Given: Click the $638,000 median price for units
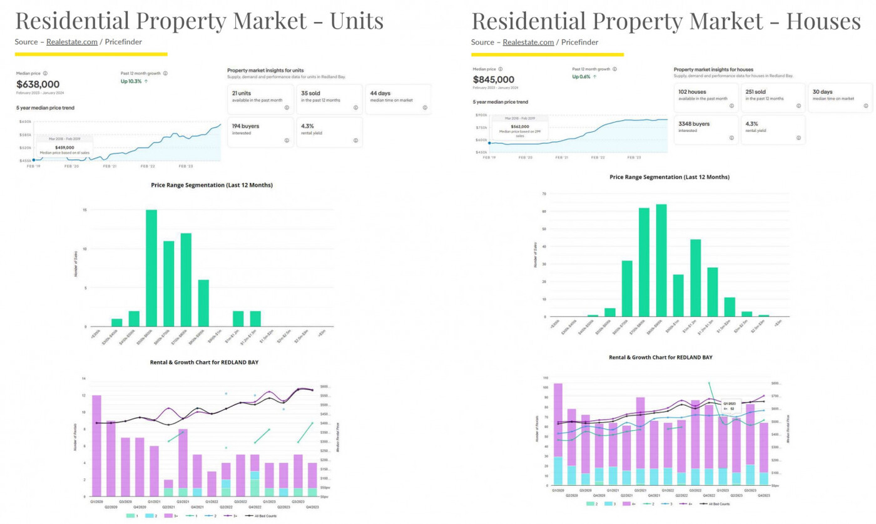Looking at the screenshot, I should [38, 84].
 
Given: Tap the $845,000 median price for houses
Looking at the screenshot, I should [493, 79].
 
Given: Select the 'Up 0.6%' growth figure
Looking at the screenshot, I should [584, 77].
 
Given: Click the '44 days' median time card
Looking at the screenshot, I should [398, 99].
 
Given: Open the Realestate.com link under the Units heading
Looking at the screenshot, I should [72, 42].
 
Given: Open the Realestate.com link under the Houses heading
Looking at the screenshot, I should [528, 42].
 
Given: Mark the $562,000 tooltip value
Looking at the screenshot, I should [521, 125].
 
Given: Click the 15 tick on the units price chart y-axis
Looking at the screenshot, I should [84, 210].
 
